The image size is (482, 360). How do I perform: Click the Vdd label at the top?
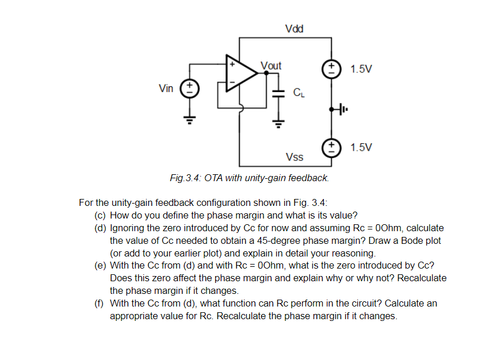294,29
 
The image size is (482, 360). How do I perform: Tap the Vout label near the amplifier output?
271,66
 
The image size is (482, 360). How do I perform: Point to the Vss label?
294,157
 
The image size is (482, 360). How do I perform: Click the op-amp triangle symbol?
241,73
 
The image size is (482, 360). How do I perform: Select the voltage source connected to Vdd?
331,68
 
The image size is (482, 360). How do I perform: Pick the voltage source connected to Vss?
331,146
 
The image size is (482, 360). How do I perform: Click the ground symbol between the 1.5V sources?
344,108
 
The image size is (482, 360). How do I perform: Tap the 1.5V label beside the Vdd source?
361,69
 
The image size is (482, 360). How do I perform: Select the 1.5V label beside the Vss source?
361,147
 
